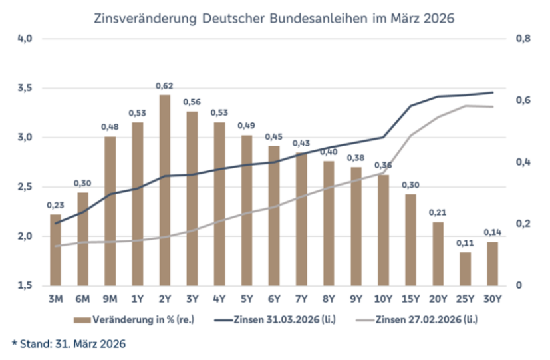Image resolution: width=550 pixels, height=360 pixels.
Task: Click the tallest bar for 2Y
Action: coord(164,190)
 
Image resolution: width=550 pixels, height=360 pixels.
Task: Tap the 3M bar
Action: coord(55,250)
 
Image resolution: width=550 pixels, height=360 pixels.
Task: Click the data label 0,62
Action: coord(164,86)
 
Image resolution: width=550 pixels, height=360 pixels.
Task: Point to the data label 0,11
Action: coord(465,243)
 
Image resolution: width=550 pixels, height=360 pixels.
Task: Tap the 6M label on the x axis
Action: coord(82,299)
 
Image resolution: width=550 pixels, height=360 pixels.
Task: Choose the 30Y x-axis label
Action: coord(492,299)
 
